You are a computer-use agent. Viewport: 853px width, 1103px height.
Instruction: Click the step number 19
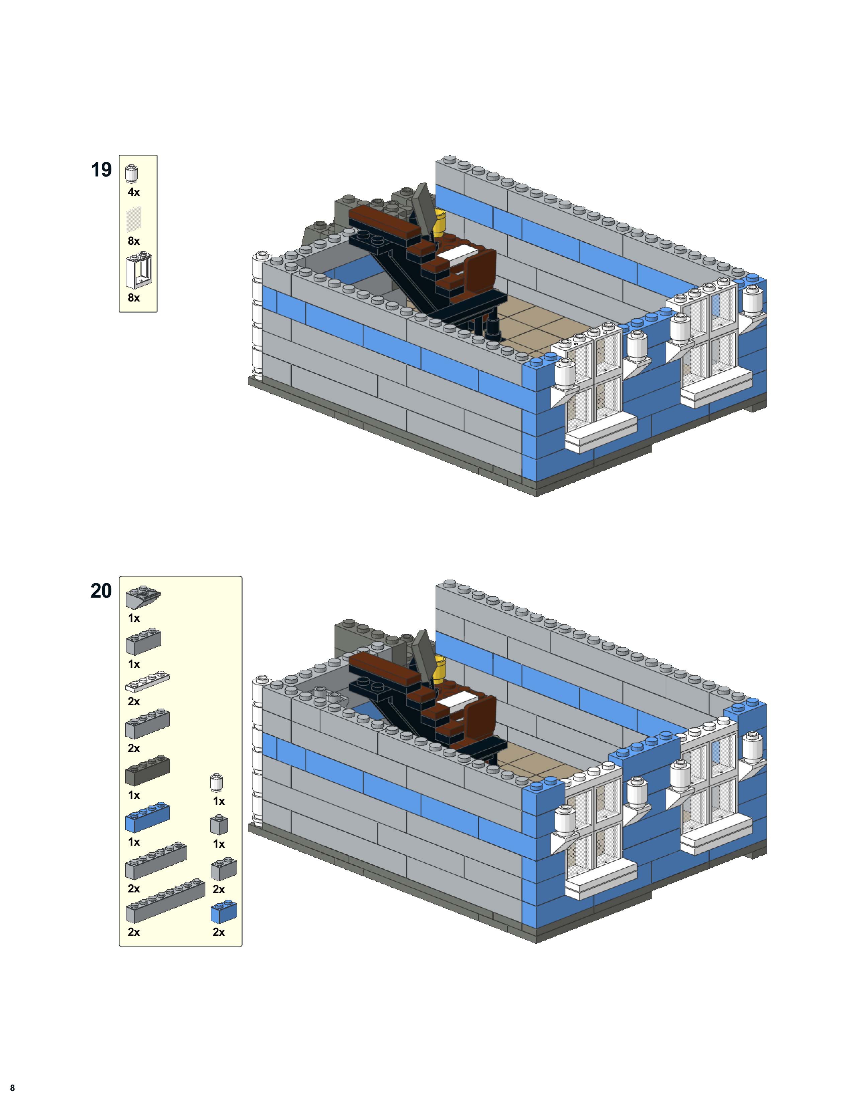(x=101, y=170)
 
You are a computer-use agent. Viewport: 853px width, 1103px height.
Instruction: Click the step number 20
(x=101, y=591)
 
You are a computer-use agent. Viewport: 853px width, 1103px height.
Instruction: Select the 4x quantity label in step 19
(x=133, y=192)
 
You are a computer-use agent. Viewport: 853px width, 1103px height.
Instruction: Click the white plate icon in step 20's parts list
(x=147, y=682)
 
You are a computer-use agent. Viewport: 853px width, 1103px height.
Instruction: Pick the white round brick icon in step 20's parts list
(x=216, y=782)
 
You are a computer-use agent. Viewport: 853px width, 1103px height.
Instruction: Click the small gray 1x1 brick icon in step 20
(x=219, y=825)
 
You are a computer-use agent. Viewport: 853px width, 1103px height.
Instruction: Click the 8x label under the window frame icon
(x=133, y=297)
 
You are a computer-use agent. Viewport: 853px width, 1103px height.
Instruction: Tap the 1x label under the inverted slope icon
(x=133, y=618)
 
